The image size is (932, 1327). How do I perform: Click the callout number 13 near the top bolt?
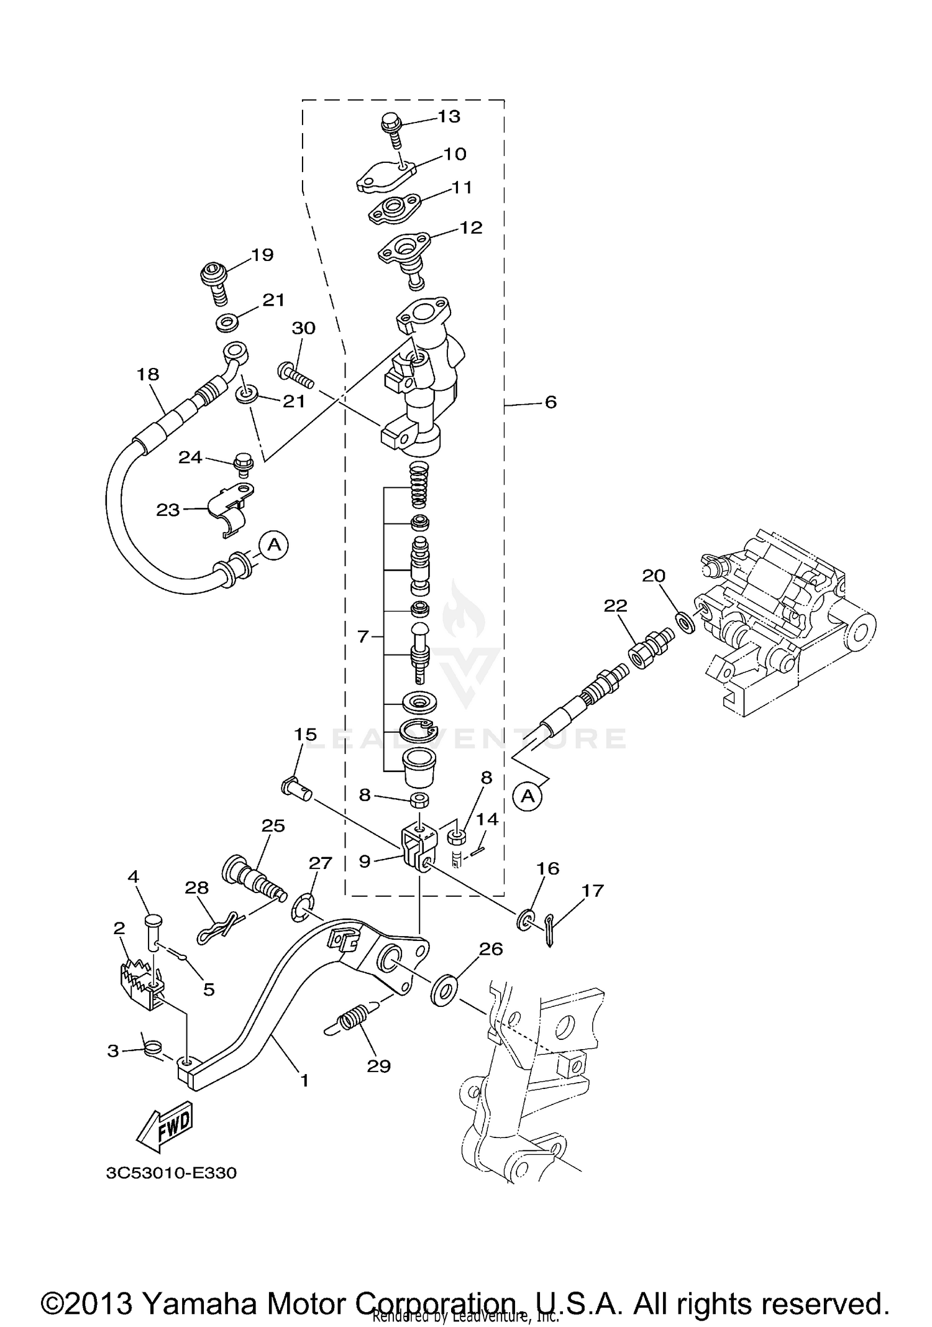(449, 116)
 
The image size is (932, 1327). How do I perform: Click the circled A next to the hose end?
(273, 545)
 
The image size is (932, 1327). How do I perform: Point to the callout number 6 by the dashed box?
(550, 402)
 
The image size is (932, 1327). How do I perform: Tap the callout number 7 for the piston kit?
(363, 636)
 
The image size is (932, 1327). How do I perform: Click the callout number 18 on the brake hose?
(148, 374)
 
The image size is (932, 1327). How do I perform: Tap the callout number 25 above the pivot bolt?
(273, 825)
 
